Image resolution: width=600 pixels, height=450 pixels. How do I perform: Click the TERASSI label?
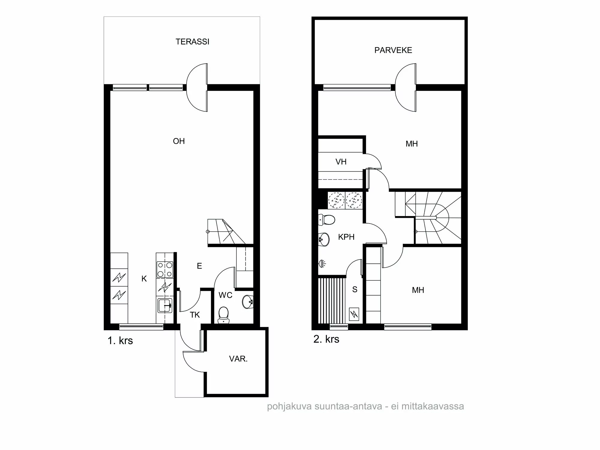[192, 42]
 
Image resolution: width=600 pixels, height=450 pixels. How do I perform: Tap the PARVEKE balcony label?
[393, 50]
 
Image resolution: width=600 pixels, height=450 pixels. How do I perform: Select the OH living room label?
[179, 141]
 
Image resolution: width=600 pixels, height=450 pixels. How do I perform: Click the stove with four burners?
[165, 269]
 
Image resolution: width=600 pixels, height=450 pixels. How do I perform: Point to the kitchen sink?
[165, 305]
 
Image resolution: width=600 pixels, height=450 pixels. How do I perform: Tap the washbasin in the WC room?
[248, 301]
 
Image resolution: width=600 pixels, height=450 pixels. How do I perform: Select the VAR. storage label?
[238, 359]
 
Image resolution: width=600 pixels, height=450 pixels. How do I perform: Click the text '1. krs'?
[120, 341]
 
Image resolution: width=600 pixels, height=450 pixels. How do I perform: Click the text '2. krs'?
[326, 339]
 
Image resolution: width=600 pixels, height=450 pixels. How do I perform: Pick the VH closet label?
[341, 162]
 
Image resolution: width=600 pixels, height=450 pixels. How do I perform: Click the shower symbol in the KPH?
[322, 264]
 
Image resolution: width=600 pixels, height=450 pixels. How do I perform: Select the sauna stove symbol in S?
[354, 314]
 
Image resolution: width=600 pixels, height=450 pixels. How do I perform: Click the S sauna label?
[355, 289]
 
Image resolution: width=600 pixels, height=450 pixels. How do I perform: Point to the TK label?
[195, 315]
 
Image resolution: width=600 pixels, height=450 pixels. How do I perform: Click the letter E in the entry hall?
[199, 266]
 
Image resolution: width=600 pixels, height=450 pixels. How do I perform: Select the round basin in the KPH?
[324, 239]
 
